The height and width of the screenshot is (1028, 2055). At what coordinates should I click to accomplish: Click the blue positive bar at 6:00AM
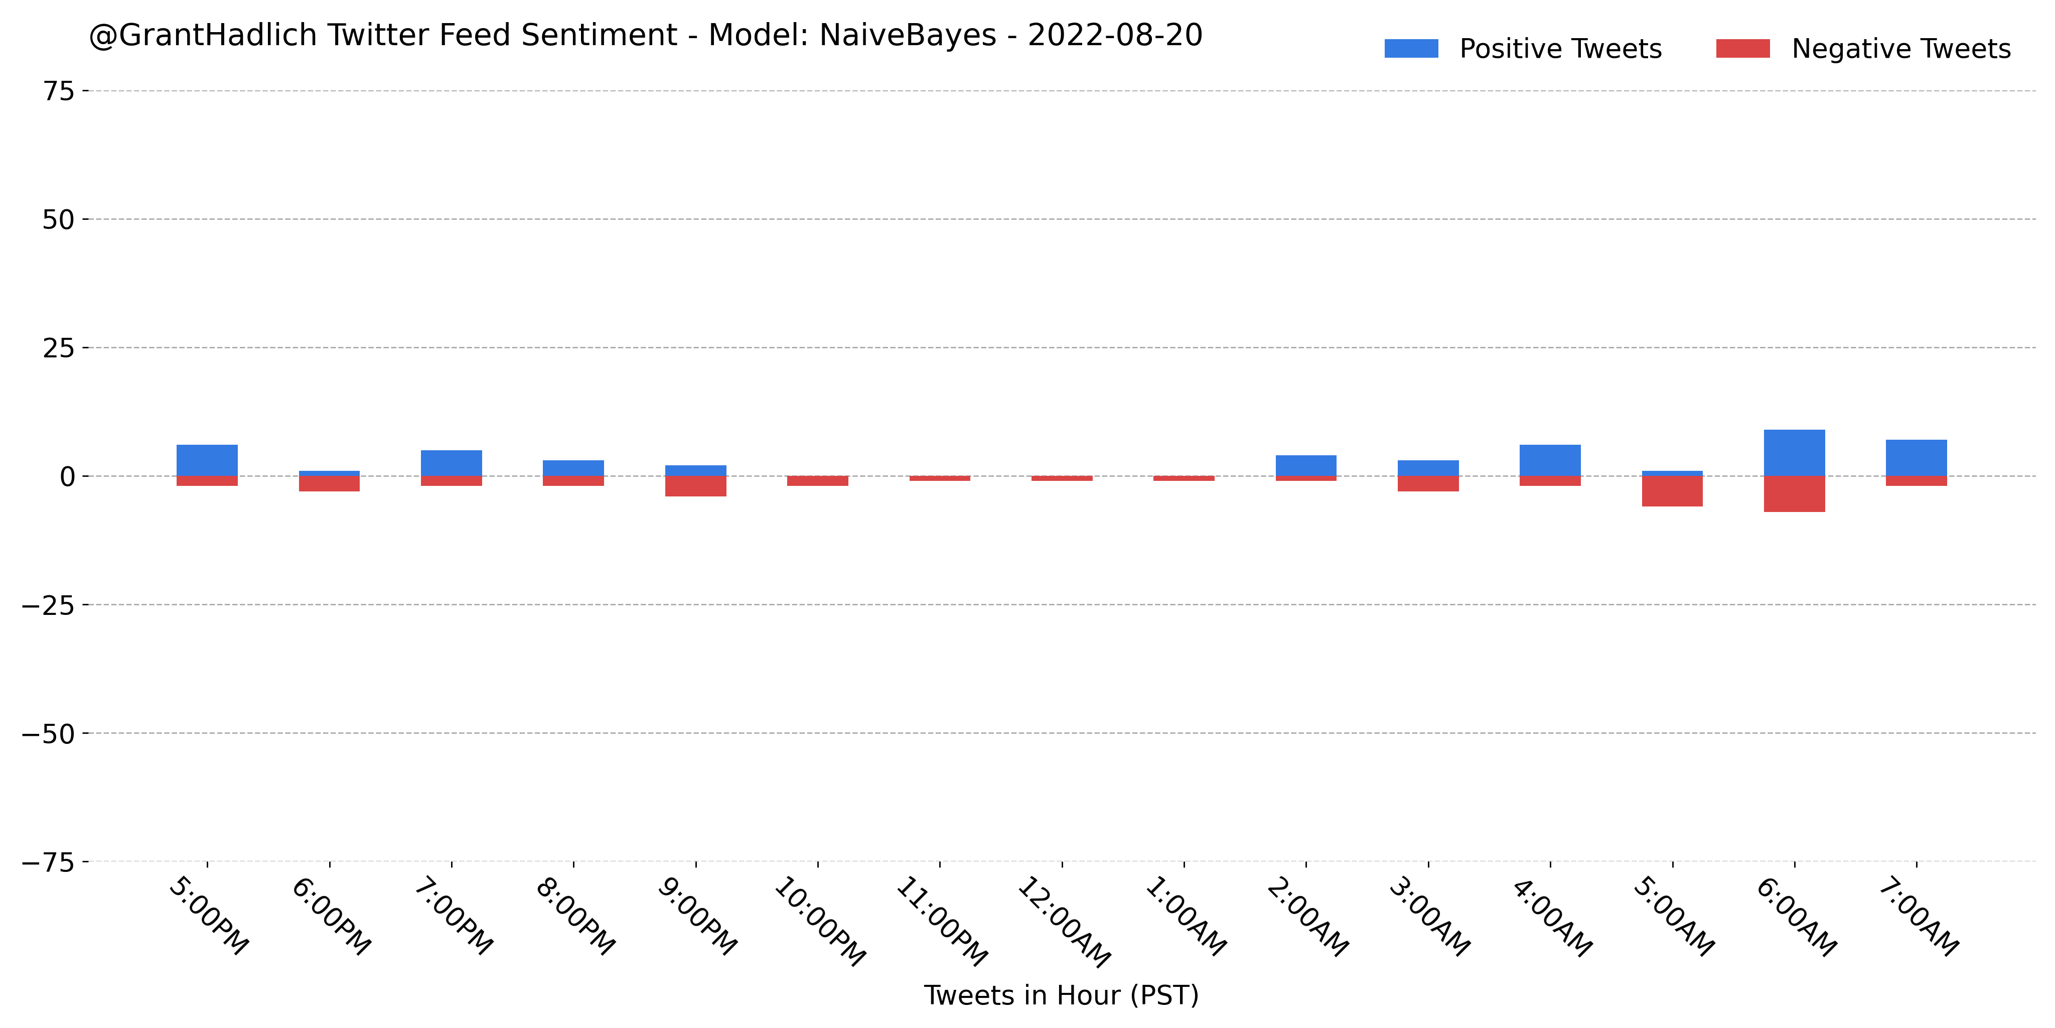[x=1794, y=453]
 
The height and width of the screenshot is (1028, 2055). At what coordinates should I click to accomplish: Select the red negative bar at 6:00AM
[x=1794, y=494]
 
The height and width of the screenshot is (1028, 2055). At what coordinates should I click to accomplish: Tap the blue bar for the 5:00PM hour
[x=207, y=460]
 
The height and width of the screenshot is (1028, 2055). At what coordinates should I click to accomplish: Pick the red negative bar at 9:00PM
[x=696, y=486]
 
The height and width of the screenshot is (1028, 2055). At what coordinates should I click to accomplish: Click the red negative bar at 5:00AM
[x=1672, y=491]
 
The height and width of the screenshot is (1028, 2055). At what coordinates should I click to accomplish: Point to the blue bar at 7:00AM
[x=1916, y=458]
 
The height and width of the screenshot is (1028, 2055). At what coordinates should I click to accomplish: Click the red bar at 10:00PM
[x=818, y=481]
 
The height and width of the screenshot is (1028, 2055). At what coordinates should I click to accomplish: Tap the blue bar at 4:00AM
[x=1550, y=460]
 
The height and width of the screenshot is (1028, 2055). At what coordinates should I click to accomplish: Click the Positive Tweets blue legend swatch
[x=1411, y=49]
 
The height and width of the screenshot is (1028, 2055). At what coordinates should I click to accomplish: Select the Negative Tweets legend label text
[x=1901, y=49]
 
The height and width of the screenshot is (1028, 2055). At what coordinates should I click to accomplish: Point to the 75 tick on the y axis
[x=58, y=91]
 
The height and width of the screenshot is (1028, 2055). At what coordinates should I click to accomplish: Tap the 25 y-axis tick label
[x=58, y=348]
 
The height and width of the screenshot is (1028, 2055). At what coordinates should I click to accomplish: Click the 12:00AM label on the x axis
[x=1064, y=922]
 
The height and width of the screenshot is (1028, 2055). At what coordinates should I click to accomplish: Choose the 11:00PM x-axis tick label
[x=942, y=922]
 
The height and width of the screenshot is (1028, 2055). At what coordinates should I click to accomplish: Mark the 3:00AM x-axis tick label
[x=1429, y=918]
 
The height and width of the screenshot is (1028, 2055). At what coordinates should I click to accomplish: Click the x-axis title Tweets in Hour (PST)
[x=1061, y=995]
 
